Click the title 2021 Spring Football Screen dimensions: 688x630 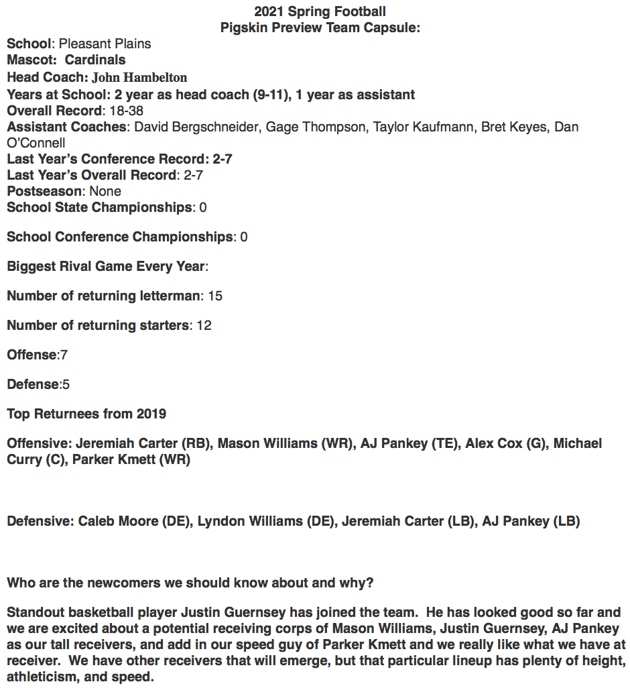point(320,11)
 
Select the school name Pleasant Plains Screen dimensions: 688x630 point(105,44)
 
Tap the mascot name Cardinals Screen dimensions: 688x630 point(95,60)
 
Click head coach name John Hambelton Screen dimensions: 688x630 point(139,77)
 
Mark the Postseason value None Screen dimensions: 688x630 point(105,191)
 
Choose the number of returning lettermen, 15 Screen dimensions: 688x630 point(215,296)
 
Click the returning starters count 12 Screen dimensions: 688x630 point(204,325)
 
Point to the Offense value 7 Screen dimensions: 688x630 point(64,355)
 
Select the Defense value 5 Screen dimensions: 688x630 point(66,384)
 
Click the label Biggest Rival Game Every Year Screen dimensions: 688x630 point(105,266)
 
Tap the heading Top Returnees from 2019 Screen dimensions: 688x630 point(86,414)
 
